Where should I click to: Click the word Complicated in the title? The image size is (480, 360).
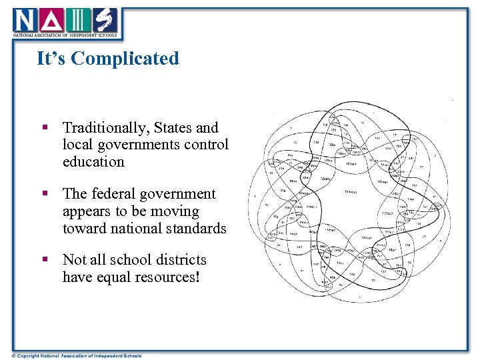(x=125, y=59)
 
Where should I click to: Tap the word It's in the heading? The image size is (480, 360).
(x=52, y=59)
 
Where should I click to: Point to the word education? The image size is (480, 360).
(x=93, y=162)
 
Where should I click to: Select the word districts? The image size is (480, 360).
(x=177, y=260)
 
